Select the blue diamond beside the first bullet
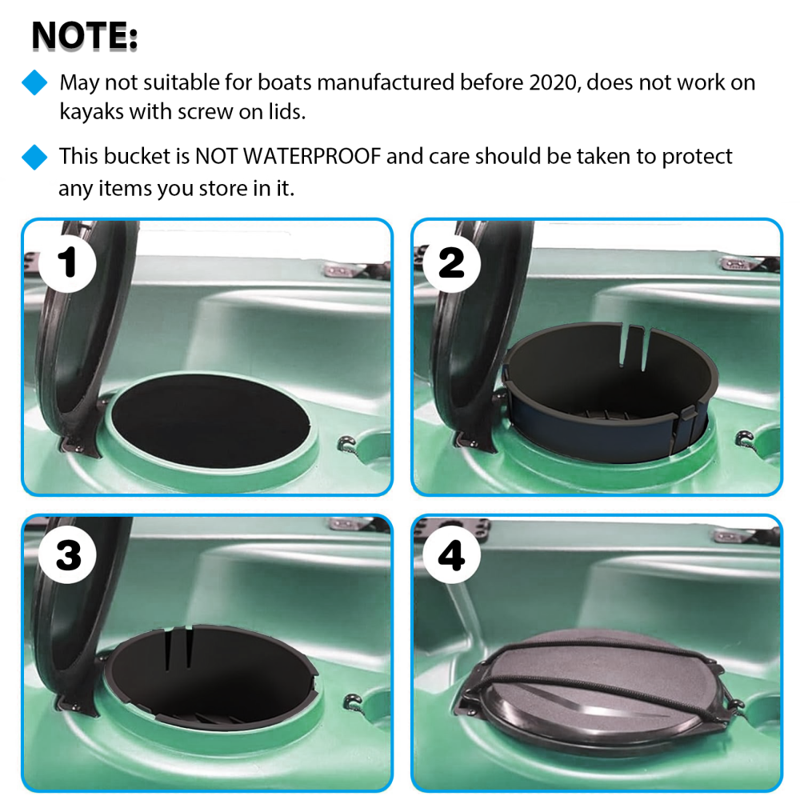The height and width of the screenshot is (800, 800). [x=34, y=82]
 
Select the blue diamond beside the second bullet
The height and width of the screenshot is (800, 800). [x=34, y=156]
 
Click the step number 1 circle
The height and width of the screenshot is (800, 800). [x=70, y=263]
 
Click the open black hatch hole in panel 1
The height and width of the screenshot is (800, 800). [x=210, y=419]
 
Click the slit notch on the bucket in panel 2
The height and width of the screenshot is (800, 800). [x=633, y=344]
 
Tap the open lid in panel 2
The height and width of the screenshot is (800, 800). [x=472, y=336]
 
